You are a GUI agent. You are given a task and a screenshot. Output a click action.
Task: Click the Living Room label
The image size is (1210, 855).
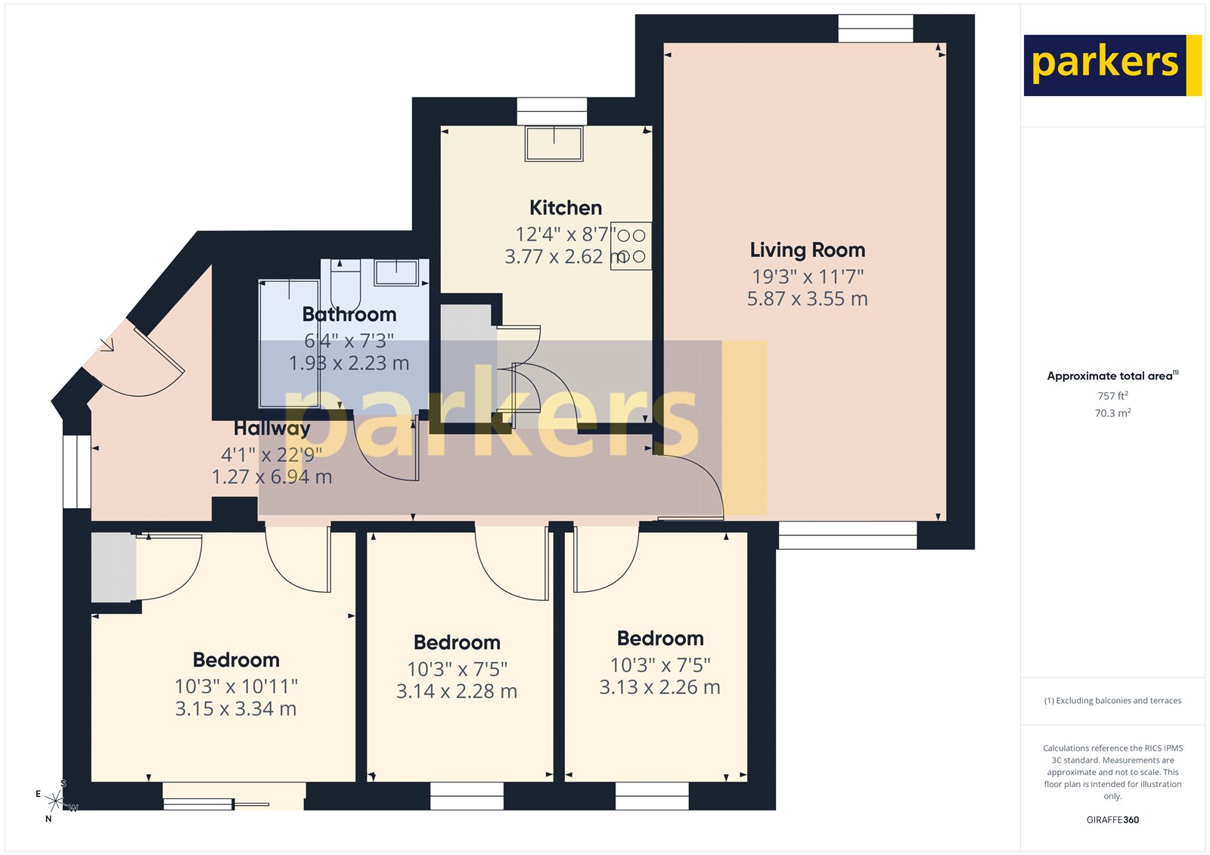pyautogui.click(x=807, y=250)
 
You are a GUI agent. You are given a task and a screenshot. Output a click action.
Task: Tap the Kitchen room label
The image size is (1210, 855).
pyautogui.click(x=565, y=208)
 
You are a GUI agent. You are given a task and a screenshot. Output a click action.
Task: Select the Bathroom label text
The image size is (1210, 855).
pyautogui.click(x=349, y=314)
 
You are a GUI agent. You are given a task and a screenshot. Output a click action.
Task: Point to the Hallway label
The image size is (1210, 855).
pyautogui.click(x=271, y=429)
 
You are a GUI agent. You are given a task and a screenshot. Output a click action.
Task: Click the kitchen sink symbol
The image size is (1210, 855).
pyautogui.click(x=554, y=144)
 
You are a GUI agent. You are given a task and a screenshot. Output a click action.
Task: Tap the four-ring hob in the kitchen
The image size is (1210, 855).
pyautogui.click(x=631, y=246)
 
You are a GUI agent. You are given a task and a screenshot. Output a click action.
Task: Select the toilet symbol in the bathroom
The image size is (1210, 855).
pyautogui.click(x=345, y=284)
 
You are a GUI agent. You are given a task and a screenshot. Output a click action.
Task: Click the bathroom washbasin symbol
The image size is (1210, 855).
pyautogui.click(x=396, y=273)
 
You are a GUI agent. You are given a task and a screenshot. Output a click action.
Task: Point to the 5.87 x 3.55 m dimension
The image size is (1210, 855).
pyautogui.click(x=807, y=299)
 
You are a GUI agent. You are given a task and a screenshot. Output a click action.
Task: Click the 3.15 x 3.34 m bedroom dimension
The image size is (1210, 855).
pyautogui.click(x=235, y=709)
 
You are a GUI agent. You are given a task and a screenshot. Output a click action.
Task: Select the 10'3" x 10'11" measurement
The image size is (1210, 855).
pyautogui.click(x=236, y=686)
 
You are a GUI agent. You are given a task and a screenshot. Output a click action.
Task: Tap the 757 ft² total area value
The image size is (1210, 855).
pyautogui.click(x=1112, y=396)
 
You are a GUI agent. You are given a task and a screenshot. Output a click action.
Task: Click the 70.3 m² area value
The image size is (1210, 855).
pyautogui.click(x=1112, y=414)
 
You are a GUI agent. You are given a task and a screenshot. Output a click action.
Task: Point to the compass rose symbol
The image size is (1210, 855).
pyautogui.click(x=54, y=800)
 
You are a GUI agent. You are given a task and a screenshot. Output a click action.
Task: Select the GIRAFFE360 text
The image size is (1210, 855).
pyautogui.click(x=1112, y=819)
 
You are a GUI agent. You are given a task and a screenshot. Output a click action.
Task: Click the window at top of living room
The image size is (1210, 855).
pyautogui.click(x=875, y=29)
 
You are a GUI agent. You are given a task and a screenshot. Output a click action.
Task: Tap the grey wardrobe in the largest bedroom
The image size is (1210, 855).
pyautogui.click(x=113, y=568)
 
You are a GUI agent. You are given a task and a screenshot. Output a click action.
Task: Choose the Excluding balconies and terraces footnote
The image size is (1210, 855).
pyautogui.click(x=1112, y=701)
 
